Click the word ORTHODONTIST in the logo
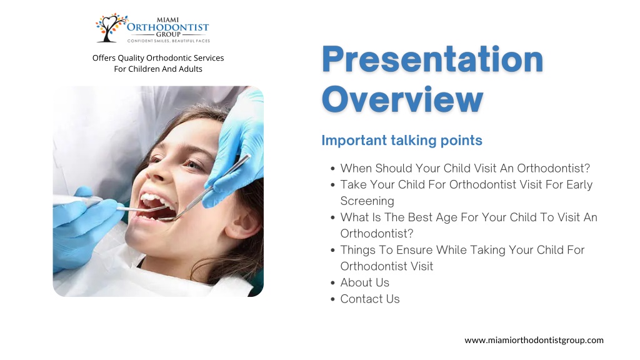coord(167,27)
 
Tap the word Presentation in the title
coord(432,59)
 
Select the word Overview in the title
coord(402,99)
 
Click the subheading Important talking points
coord(402,141)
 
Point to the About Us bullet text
coord(365,282)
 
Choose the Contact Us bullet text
coord(370,299)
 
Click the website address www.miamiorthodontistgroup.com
coord(534,341)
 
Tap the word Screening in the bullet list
coord(367,201)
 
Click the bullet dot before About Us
coord(332,283)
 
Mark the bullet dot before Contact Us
coord(332,299)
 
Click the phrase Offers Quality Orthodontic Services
coord(158,58)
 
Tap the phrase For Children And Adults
coord(158,69)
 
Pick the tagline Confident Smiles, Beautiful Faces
coord(169,41)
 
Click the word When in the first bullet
coord(356,168)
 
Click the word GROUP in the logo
coord(168,35)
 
